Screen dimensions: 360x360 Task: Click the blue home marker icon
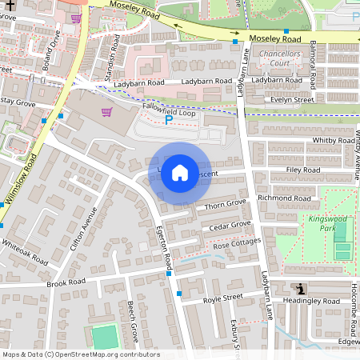click(x=180, y=173)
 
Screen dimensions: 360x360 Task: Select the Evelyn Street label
click(x=293, y=100)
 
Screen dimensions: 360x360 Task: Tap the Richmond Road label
click(x=290, y=198)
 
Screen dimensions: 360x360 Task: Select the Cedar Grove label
click(x=230, y=226)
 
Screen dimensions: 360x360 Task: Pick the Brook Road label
click(x=66, y=282)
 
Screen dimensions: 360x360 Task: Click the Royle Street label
click(x=222, y=298)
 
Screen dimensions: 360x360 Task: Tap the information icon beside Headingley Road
click(x=299, y=290)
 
